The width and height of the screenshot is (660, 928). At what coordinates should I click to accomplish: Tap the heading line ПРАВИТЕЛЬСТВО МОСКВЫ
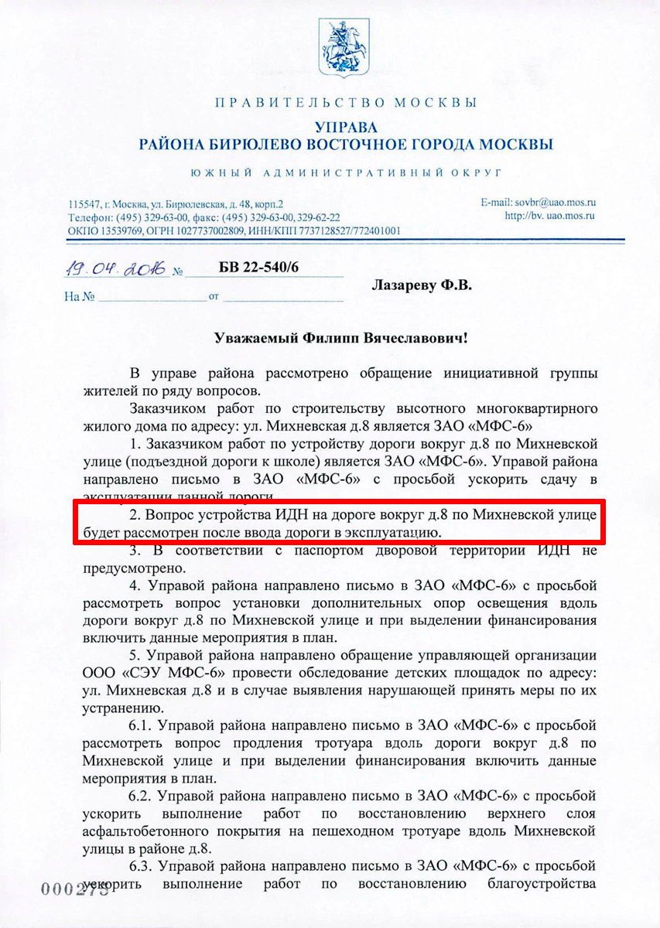(x=345, y=103)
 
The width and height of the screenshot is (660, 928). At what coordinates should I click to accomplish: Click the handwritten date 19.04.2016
(x=115, y=269)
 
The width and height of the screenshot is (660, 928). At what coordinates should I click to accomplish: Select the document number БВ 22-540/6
(x=258, y=268)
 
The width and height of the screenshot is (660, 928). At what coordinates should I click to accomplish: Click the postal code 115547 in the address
(x=83, y=205)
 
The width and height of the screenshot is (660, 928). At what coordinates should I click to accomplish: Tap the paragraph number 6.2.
(x=143, y=796)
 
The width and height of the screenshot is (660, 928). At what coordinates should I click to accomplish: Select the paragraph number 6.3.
(x=143, y=867)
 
